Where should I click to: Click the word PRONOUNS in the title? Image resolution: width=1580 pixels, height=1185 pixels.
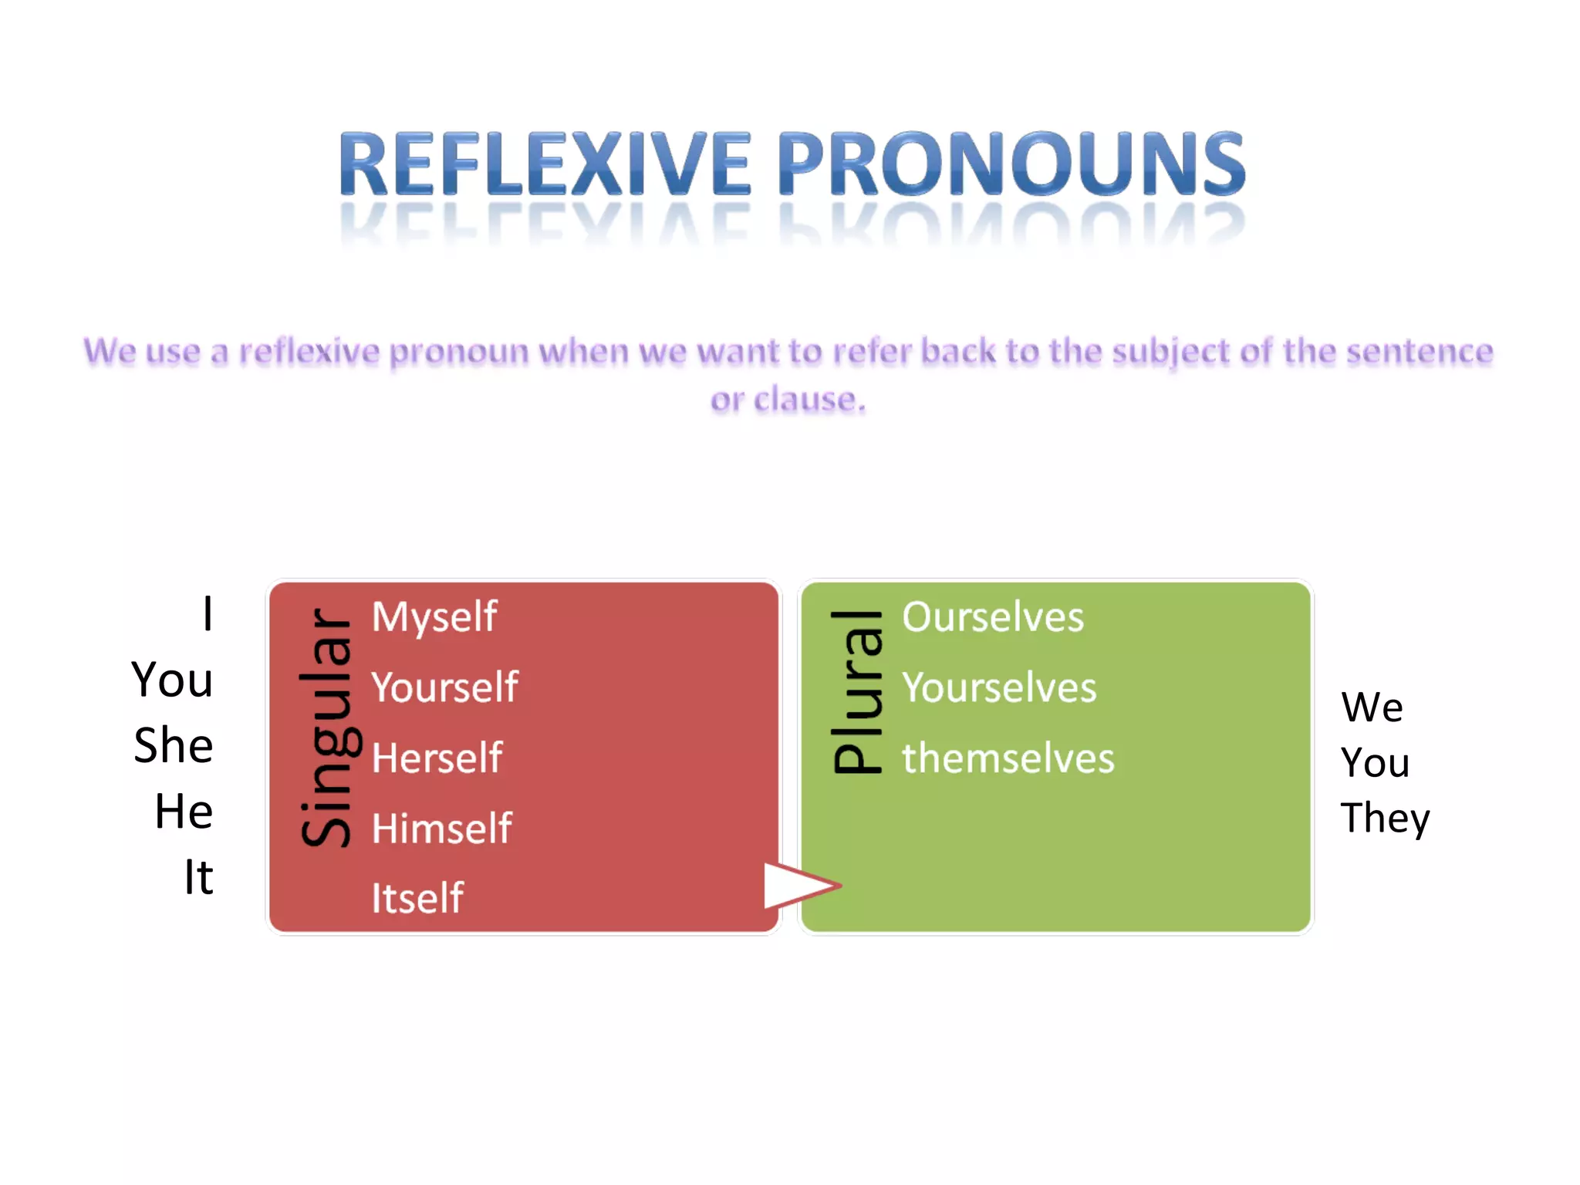(x=1011, y=164)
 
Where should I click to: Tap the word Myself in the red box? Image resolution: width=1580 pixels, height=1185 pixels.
(x=434, y=617)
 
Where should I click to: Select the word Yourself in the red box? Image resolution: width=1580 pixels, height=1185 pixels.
(x=444, y=687)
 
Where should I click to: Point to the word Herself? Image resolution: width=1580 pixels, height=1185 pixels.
(x=437, y=758)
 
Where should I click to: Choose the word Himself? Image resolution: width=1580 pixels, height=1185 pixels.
(x=441, y=829)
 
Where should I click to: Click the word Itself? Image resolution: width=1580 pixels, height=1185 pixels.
(x=417, y=899)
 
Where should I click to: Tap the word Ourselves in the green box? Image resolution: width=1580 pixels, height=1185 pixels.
(x=993, y=617)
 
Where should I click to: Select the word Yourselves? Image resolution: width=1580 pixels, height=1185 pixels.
(x=999, y=687)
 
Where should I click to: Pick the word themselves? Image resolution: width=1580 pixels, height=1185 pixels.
(x=1008, y=758)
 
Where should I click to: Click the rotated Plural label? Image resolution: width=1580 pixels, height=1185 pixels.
(x=857, y=691)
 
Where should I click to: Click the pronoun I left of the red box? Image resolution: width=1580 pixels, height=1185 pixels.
(x=207, y=614)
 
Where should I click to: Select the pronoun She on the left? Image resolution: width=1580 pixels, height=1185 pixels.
(x=174, y=745)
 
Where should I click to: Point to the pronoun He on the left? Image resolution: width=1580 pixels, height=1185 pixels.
(x=184, y=812)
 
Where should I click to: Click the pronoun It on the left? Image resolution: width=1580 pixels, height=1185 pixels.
(x=198, y=877)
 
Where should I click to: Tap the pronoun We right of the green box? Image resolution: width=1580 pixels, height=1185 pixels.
(x=1372, y=707)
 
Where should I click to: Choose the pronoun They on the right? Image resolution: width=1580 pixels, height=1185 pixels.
(x=1385, y=819)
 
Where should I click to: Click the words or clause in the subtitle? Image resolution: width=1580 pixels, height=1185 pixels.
(x=788, y=400)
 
